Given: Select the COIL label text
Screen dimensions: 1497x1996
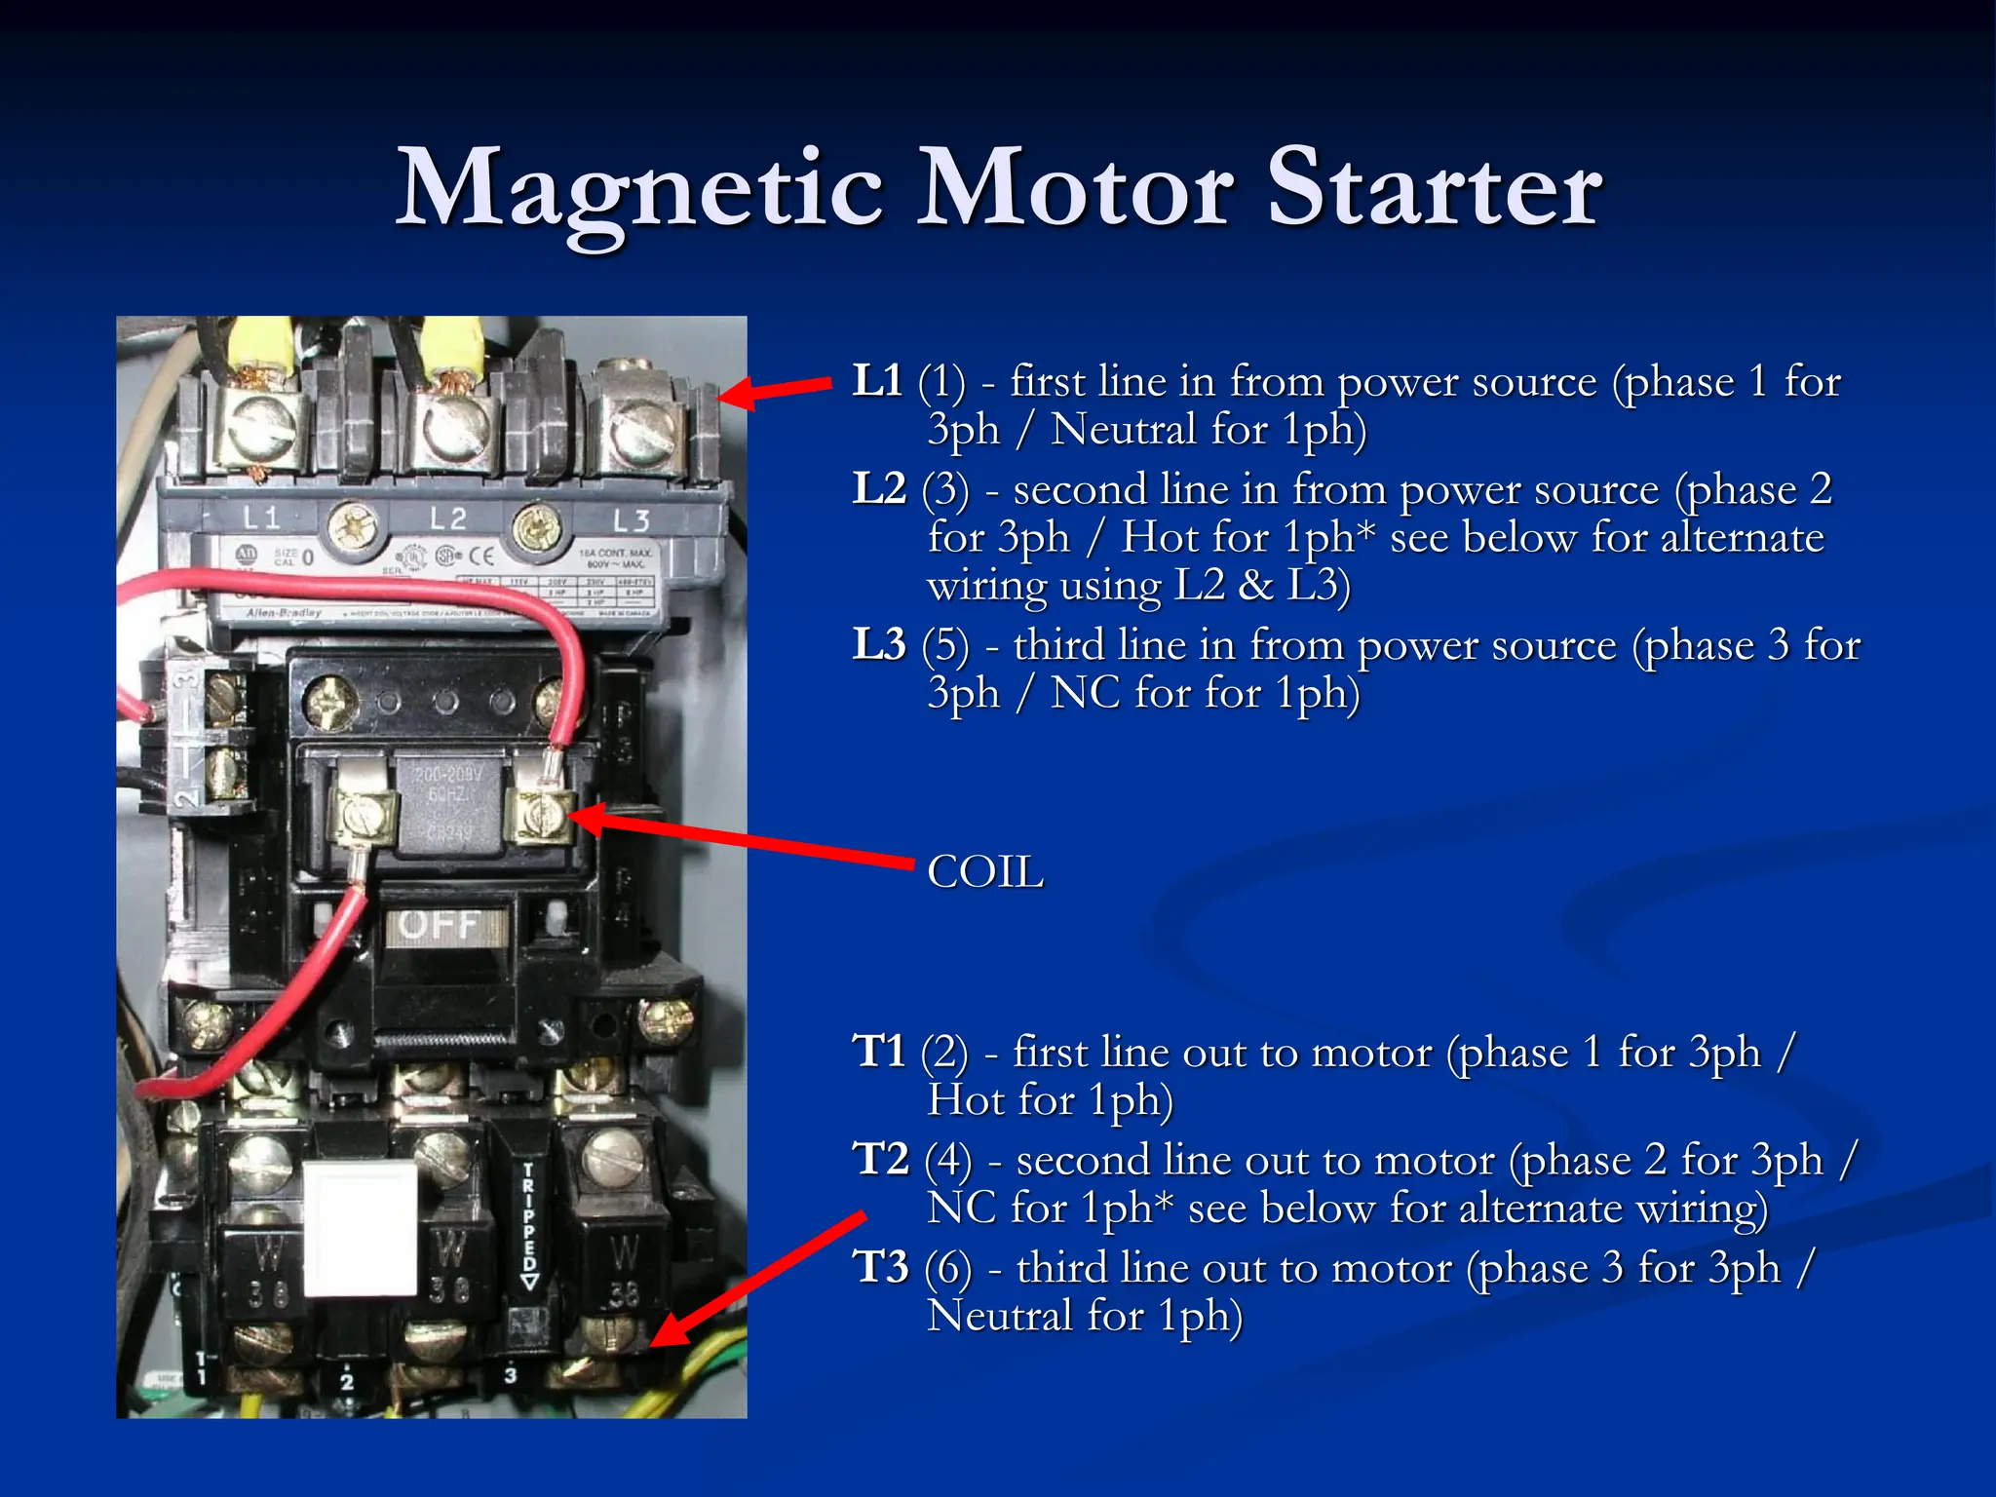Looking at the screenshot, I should click(985, 871).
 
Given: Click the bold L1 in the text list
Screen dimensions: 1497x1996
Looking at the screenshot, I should click(877, 381).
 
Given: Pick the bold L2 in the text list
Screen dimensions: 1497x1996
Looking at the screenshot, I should click(879, 489).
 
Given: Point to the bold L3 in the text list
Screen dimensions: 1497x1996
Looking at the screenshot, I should click(879, 645).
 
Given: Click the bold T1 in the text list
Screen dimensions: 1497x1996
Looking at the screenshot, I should click(878, 1053).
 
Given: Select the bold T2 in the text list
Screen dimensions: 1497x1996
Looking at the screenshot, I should click(881, 1160).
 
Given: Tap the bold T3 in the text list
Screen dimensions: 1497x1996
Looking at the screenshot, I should click(881, 1268).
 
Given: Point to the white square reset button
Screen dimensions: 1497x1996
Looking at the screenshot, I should click(360, 1228).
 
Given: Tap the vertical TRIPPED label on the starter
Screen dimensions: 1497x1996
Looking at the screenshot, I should click(529, 1224).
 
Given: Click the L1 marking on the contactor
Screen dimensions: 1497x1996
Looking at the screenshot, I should click(260, 518).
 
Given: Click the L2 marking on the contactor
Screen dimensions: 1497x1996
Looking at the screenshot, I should click(447, 518).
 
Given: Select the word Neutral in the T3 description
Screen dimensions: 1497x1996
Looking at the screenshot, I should click(999, 1316).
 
